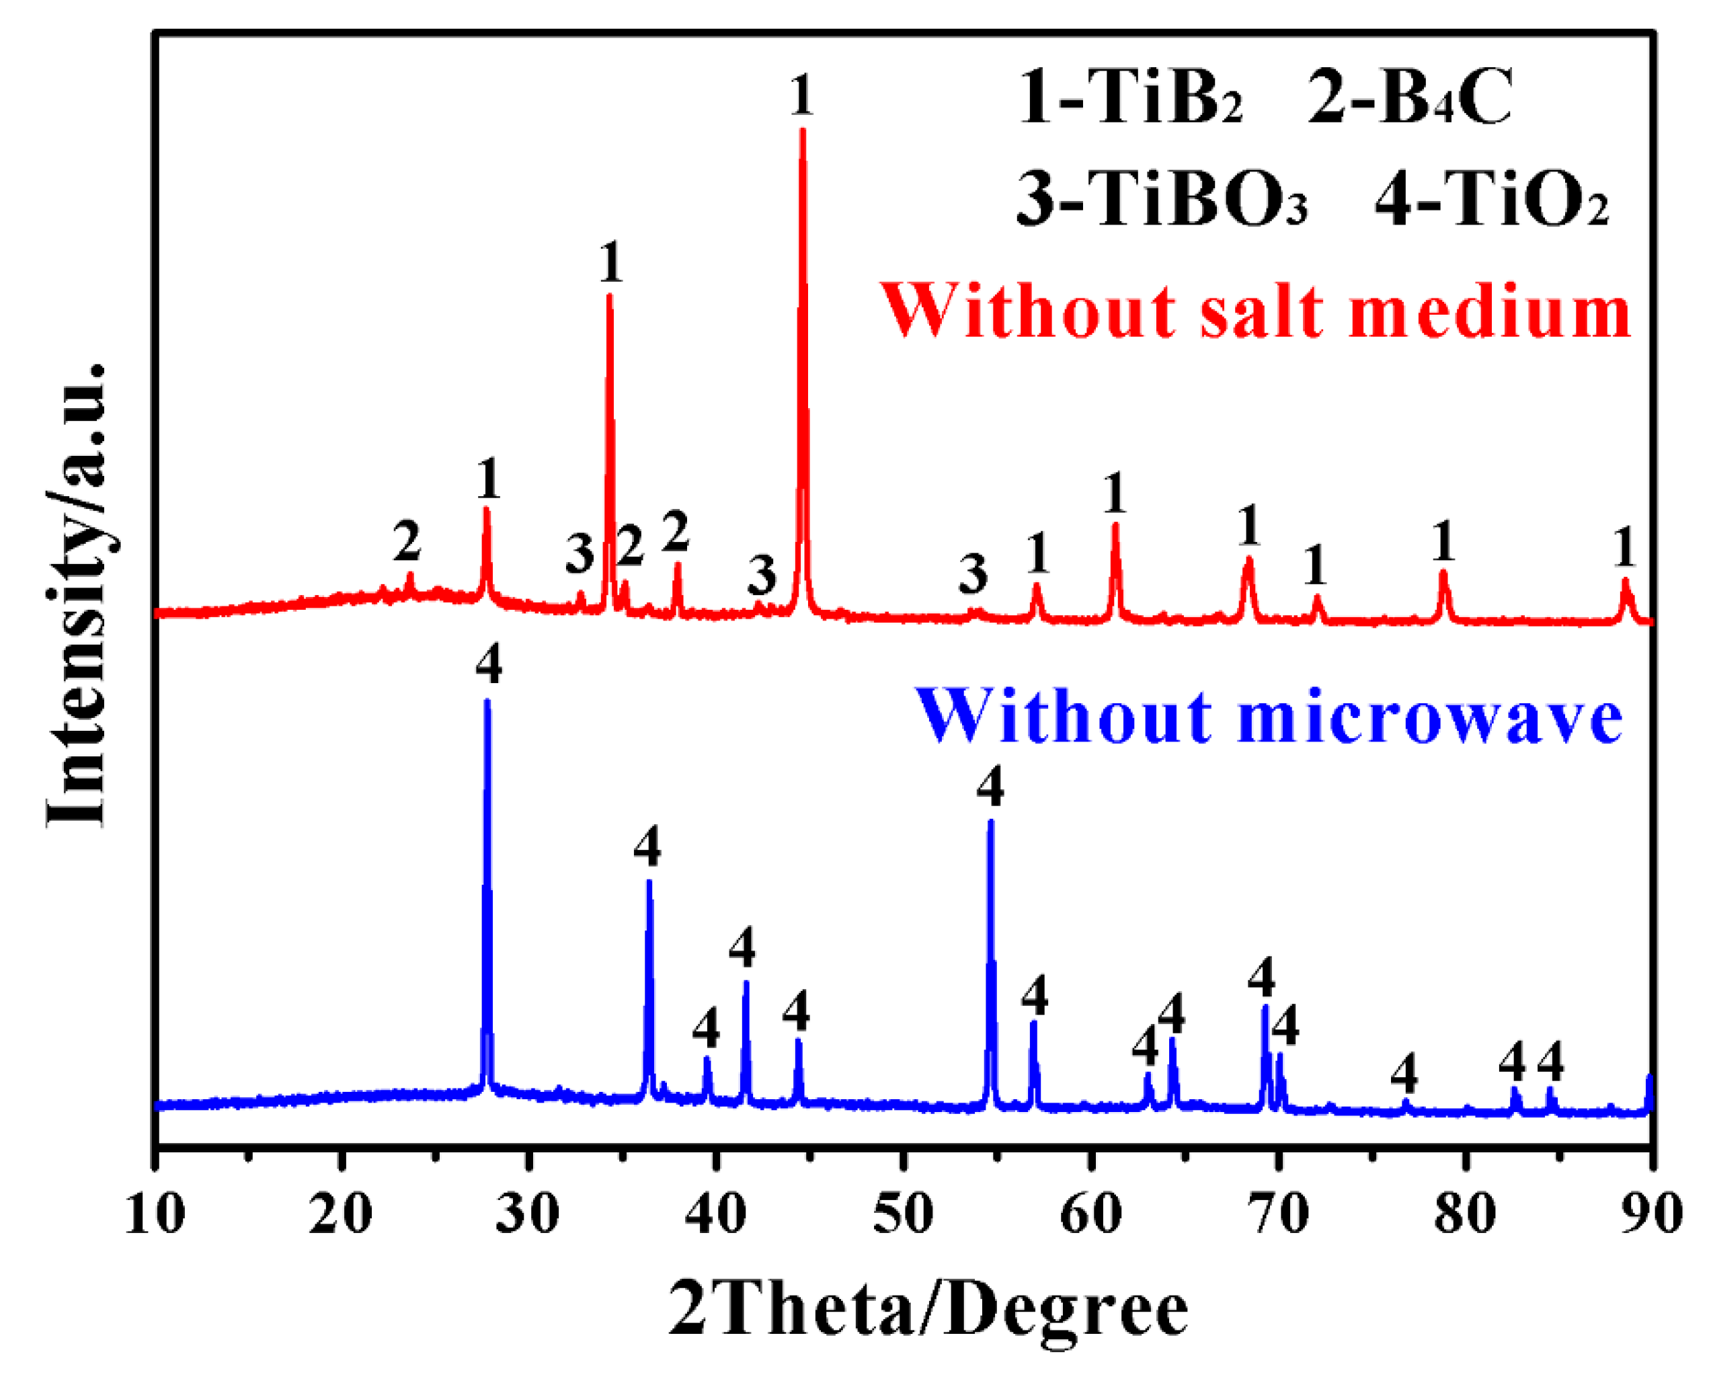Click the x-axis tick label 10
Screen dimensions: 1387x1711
156,1214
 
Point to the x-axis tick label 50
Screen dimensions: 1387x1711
904,1214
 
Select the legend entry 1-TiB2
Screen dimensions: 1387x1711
1130,98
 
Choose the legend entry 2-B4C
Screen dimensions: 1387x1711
1410,98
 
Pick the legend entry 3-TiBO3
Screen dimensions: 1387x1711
1162,199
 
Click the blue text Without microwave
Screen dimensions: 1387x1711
1269,717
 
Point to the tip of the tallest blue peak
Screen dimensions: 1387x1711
487,701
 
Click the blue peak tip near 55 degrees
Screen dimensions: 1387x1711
990,820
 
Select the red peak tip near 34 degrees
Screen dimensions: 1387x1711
610,295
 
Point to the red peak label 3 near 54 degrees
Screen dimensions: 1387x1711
973,573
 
